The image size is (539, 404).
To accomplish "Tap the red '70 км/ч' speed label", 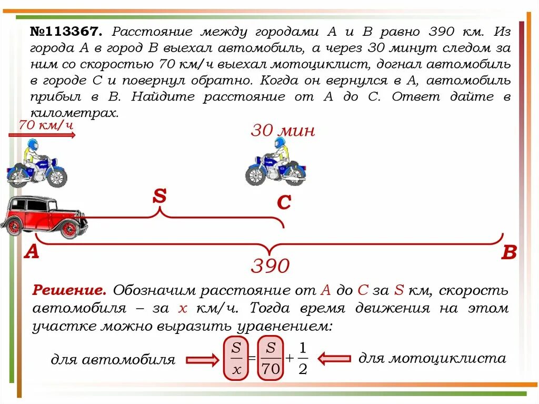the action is click(x=45, y=126).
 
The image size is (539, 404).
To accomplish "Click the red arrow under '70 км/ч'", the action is click(x=42, y=135).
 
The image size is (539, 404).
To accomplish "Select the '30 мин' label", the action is click(x=283, y=131).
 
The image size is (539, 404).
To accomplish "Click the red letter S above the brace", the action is click(x=159, y=196).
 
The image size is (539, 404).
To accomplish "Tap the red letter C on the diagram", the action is click(x=284, y=203).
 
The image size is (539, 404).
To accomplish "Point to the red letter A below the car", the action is click(x=32, y=252).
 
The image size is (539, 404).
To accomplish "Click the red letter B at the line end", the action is click(x=509, y=253).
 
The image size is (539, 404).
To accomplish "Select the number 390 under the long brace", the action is click(x=270, y=266).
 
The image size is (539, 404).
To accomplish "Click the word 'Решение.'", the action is click(x=70, y=290).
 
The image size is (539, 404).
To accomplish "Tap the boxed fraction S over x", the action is click(x=236, y=358).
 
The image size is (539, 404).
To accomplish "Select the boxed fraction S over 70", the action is click(x=271, y=358).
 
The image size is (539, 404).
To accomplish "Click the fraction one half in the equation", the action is click(x=302, y=358).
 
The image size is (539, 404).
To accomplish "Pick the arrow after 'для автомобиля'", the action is click(x=202, y=360).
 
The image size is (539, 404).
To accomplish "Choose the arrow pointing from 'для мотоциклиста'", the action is click(x=335, y=359).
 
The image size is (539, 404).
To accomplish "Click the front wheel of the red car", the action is click(x=69, y=229).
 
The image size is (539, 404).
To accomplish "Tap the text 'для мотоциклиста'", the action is click(x=432, y=359).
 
